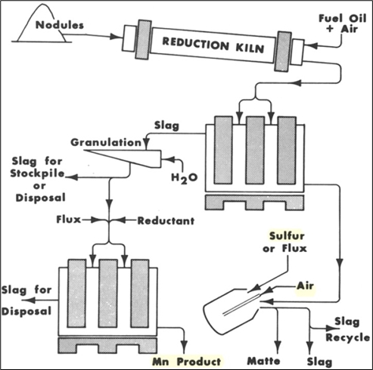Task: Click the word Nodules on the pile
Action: coord(60,25)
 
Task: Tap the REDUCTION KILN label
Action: coord(213,45)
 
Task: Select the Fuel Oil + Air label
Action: coord(342,23)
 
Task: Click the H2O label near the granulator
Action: coord(185,179)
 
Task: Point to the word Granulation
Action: coord(106,142)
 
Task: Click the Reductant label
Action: coord(166,221)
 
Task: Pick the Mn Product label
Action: coord(187,362)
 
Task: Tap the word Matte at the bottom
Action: coord(263,361)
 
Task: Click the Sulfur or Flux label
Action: coord(284,242)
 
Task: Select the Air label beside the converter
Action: coord(305,286)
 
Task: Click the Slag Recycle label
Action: coord(347,330)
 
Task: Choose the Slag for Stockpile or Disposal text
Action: coord(38,179)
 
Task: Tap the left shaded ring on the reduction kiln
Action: coord(143,39)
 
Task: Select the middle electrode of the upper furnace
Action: coord(255,151)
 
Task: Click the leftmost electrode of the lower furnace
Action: coord(77,294)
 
